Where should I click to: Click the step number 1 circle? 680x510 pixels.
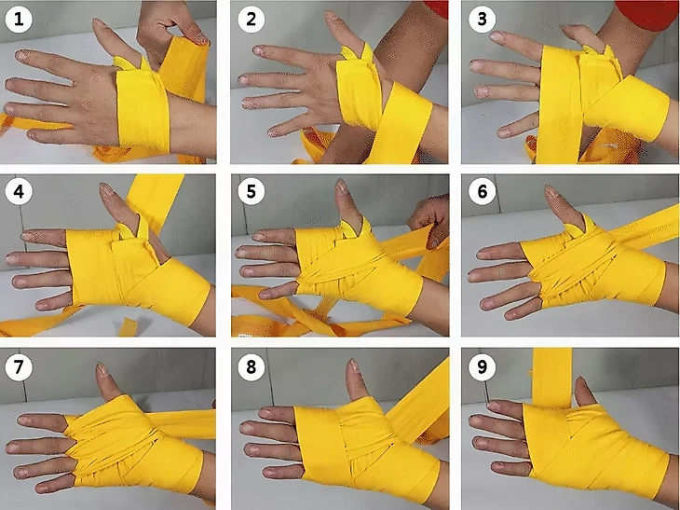click(19, 20)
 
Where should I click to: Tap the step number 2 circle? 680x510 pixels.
click(252, 20)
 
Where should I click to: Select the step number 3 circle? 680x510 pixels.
click(482, 20)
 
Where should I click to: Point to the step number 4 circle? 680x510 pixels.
click(19, 191)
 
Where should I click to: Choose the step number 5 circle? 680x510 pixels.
click(252, 191)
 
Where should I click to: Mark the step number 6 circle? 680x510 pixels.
click(482, 191)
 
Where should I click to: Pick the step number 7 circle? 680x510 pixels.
click(19, 367)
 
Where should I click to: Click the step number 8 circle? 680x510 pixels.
click(252, 367)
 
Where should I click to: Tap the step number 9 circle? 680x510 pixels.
click(482, 367)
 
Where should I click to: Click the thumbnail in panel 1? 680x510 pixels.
click(100, 23)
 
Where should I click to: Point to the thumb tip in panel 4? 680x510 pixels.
click(105, 189)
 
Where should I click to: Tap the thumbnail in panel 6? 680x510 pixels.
click(551, 191)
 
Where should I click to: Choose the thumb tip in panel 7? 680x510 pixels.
click(101, 369)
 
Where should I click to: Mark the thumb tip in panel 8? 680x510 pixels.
click(353, 365)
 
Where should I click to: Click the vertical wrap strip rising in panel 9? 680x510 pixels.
click(551, 378)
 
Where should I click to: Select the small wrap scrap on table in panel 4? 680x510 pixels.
click(127, 326)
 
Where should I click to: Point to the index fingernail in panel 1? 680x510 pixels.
click(22, 55)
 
